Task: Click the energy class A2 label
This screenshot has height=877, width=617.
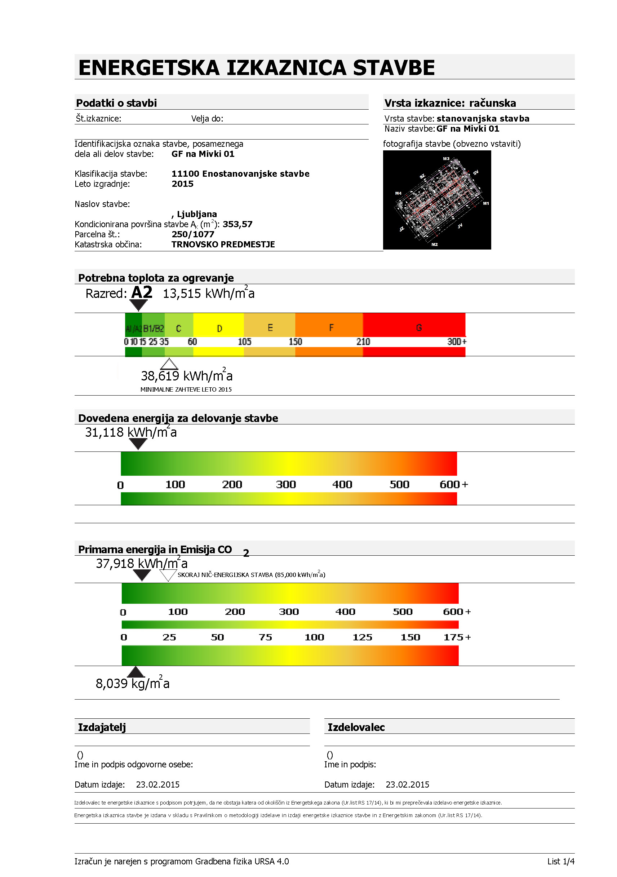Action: (x=142, y=292)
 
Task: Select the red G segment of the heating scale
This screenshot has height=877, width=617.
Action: (x=414, y=327)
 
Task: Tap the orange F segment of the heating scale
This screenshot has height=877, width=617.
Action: (x=329, y=327)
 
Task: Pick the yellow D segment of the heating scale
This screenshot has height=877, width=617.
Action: (x=219, y=328)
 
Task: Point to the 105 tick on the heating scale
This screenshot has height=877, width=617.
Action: (x=244, y=341)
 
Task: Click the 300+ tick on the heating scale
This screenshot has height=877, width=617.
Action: (x=457, y=341)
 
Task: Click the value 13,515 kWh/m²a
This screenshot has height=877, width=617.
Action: (x=208, y=293)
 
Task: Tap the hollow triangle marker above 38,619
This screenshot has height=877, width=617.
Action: (x=169, y=363)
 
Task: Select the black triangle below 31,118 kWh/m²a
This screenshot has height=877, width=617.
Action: (x=138, y=444)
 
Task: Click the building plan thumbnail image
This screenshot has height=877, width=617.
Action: (x=437, y=200)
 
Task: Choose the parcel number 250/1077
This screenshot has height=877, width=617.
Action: (x=193, y=234)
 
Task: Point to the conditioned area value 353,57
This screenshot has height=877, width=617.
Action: (x=238, y=224)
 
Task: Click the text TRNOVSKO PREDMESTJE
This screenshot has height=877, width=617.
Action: (x=223, y=244)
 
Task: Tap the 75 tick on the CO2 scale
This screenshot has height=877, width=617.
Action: (x=265, y=637)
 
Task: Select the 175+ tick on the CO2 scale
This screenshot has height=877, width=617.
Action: (x=457, y=637)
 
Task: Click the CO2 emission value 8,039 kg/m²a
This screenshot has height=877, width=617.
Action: (x=133, y=683)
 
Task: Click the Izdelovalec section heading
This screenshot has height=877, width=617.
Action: (x=356, y=727)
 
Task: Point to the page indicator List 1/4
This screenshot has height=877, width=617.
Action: (x=560, y=861)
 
